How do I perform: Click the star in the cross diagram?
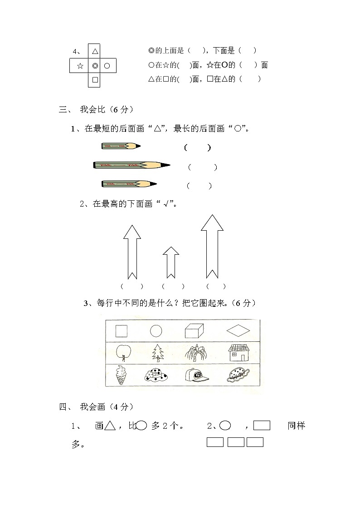click(x=80, y=66)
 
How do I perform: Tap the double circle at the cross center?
click(x=95, y=66)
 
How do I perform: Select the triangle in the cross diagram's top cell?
click(x=95, y=52)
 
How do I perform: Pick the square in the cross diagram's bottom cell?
click(x=95, y=80)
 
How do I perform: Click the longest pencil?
click(x=131, y=165)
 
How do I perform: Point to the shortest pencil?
click(x=121, y=146)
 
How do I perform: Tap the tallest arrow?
click(x=212, y=245)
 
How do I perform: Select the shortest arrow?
click(x=170, y=262)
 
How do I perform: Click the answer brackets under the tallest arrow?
click(x=215, y=286)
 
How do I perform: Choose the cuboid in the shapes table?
click(x=194, y=331)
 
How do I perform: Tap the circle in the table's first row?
click(x=156, y=331)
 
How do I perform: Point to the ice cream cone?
click(x=121, y=375)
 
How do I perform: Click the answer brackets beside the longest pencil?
click(x=203, y=167)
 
